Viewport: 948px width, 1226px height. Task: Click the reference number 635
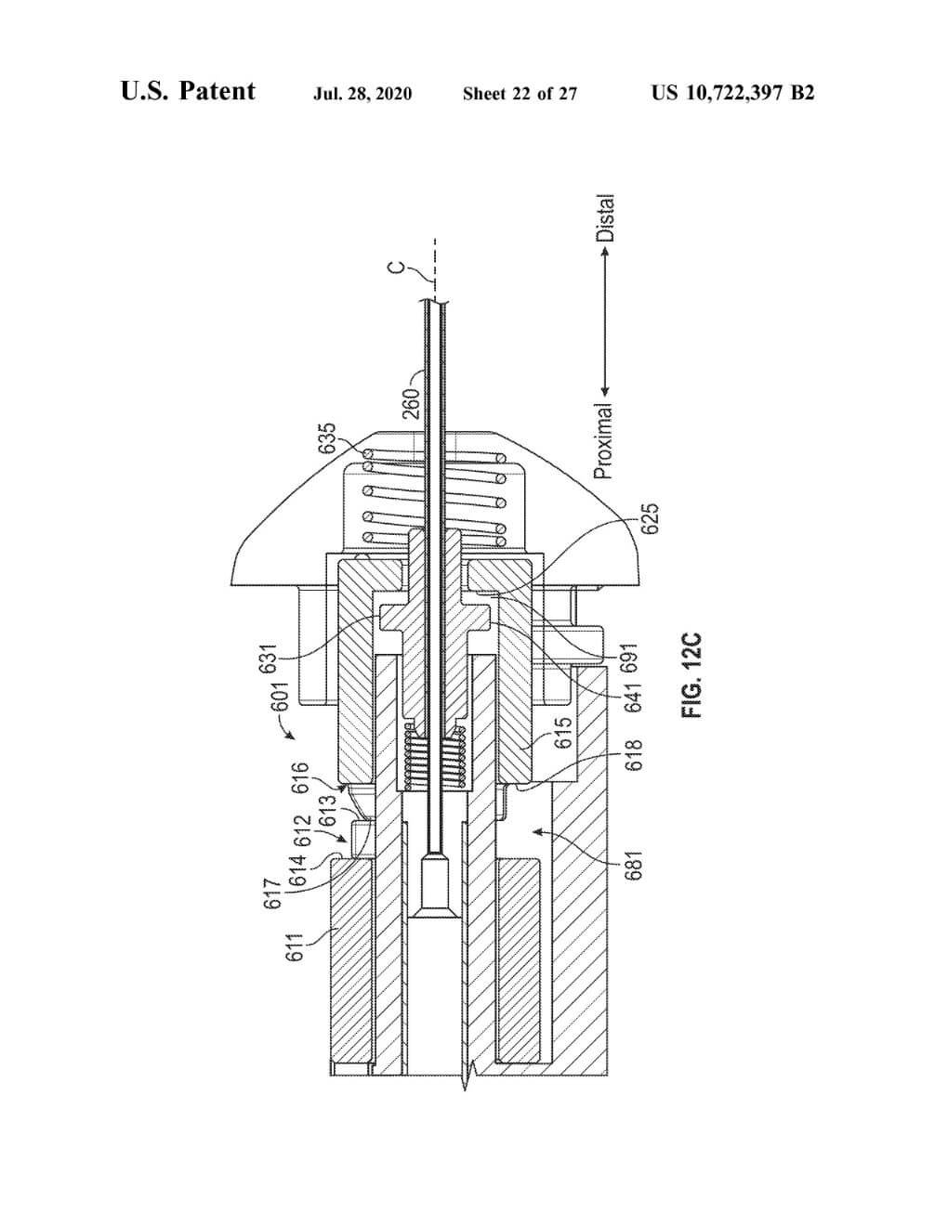click(327, 438)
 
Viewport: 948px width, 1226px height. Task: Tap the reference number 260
click(412, 403)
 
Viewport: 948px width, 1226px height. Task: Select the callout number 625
click(650, 519)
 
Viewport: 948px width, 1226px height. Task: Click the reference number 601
click(282, 697)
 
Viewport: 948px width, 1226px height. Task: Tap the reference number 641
click(634, 698)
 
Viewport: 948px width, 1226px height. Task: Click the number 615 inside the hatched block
click(563, 732)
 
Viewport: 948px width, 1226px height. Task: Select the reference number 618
click(634, 756)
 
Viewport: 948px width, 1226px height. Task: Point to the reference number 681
click(634, 865)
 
